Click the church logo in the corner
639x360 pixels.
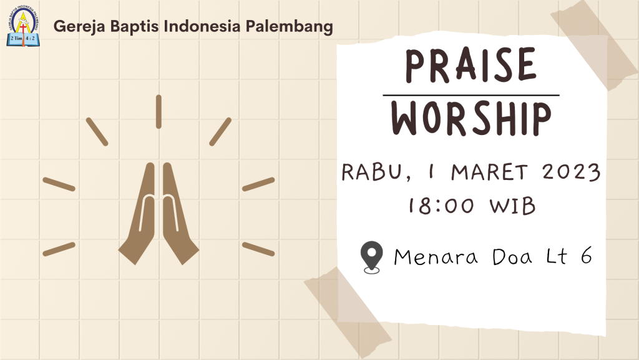(23, 26)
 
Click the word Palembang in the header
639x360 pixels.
(289, 27)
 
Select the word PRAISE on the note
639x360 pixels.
(471, 65)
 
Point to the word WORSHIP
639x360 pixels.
(471, 119)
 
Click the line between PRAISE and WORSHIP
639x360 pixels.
(471, 96)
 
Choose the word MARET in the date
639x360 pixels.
(490, 172)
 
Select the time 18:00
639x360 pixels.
(442, 205)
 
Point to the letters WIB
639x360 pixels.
(513, 206)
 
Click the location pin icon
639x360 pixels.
(372, 257)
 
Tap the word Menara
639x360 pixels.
(436, 257)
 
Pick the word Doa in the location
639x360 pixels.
(512, 257)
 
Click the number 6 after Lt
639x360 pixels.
(587, 256)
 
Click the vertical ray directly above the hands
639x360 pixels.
(159, 112)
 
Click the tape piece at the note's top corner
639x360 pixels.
(595, 44)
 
